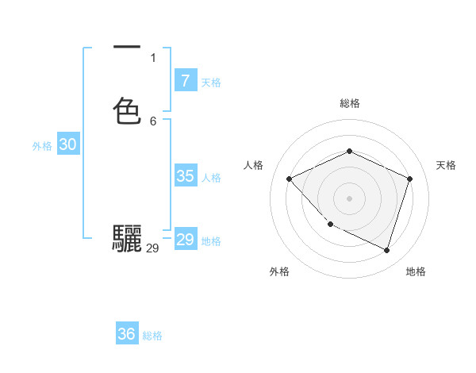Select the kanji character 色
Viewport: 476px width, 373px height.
(127, 111)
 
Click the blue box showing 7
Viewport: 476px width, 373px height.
(185, 80)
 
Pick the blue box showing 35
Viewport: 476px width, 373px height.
(185, 176)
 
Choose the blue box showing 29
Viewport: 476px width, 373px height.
(185, 240)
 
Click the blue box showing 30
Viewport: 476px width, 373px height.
(67, 144)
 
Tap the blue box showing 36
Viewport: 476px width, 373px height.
(127, 334)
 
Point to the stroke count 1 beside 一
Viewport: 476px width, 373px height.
(153, 58)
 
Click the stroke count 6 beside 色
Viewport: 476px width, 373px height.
(153, 121)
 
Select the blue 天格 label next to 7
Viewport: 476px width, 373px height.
(211, 82)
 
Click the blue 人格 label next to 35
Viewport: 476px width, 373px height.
(212, 178)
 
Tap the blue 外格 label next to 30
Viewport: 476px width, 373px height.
(42, 146)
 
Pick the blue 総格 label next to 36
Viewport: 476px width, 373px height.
(152, 336)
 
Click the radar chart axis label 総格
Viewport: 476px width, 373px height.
(349, 103)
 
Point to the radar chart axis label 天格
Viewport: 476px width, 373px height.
(446, 165)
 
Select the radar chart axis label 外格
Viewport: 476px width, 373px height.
(279, 271)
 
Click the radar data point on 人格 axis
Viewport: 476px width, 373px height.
(290, 179)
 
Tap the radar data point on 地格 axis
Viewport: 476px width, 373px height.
(386, 250)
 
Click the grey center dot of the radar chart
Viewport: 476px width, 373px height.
(349, 198)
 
